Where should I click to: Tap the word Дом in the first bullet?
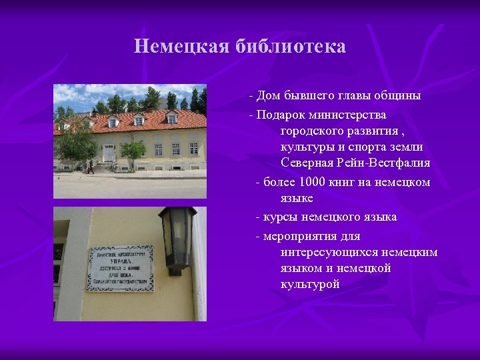coord(269,95)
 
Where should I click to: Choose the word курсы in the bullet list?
coord(279,217)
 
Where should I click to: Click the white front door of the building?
coord(108,152)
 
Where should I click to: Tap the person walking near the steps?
coord(90,167)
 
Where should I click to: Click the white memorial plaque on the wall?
coord(120,267)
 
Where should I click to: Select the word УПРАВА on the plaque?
coord(120,261)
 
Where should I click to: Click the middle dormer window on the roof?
coord(139,121)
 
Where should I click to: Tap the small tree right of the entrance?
coord(133,151)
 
